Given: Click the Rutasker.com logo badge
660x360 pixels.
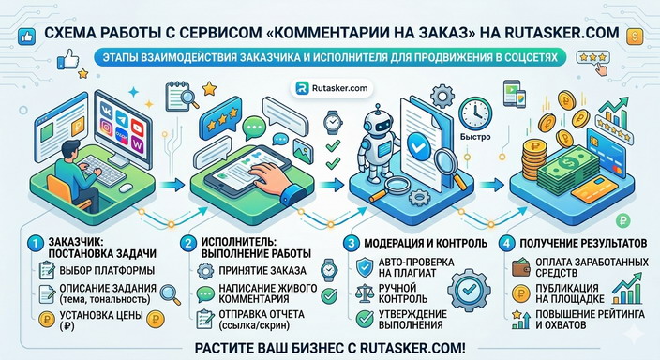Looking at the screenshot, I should pos(331,86).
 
